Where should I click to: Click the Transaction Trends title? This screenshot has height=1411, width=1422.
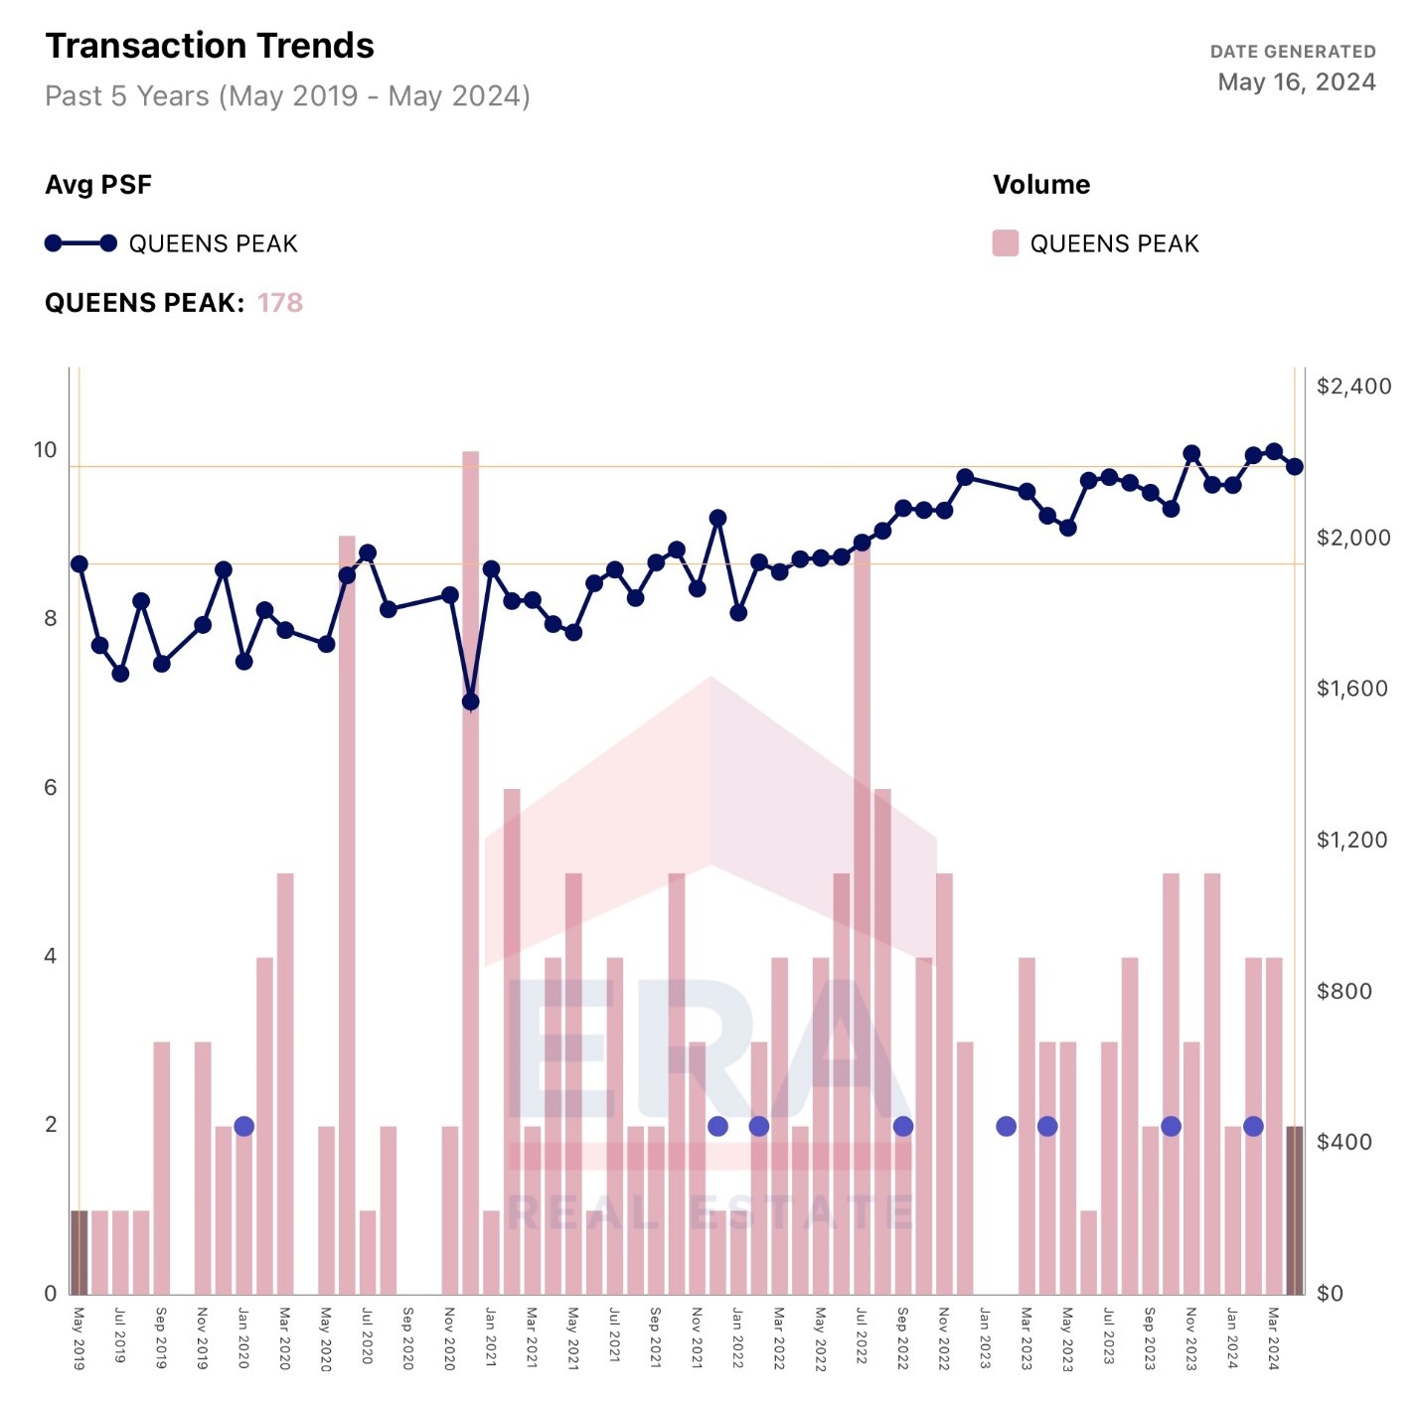point(210,46)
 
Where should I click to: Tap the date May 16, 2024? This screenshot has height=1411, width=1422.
point(1296,82)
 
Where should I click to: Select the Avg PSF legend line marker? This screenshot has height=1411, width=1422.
point(80,243)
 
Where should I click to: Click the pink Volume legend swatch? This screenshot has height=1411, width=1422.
point(1005,243)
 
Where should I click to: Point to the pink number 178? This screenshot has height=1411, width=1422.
point(279,303)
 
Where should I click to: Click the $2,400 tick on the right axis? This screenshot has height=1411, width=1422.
point(1353,387)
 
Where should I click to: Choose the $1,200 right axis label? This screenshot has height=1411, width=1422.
point(1351,840)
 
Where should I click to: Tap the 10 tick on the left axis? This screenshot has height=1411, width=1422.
point(46,450)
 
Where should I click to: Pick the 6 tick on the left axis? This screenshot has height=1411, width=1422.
point(50,788)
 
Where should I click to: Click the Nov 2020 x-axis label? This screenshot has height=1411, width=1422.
point(449,1338)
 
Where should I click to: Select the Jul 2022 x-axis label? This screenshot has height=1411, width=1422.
point(861,1335)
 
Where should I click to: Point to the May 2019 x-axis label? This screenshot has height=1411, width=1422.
point(79,1338)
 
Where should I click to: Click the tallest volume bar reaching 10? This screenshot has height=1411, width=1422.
point(470,874)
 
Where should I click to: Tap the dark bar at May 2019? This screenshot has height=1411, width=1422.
point(79,1252)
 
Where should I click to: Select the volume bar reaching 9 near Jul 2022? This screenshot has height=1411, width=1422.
point(862,924)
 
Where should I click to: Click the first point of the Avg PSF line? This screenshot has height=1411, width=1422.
point(79,564)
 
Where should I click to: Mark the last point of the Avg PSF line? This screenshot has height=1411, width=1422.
point(1294,466)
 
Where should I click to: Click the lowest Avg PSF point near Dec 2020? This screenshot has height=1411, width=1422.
point(470,702)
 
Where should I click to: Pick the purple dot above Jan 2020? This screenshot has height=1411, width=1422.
point(244,1126)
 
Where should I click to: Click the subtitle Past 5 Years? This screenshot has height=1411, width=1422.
point(287,96)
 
